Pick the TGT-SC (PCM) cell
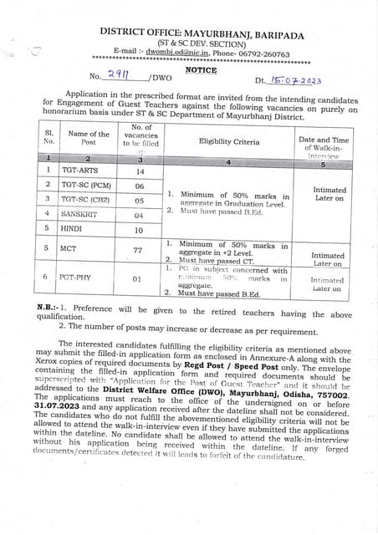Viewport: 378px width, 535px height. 87,185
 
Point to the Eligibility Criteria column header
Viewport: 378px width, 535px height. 228,141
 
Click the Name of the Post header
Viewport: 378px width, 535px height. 88,138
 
